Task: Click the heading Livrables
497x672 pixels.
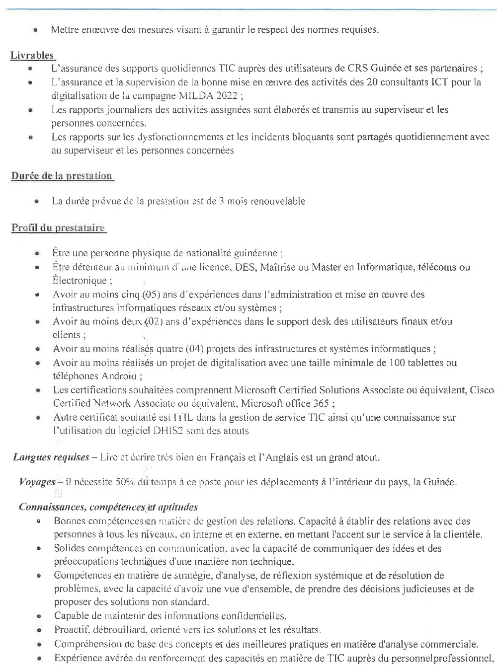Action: (x=32, y=55)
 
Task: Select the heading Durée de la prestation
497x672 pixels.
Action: (x=62, y=175)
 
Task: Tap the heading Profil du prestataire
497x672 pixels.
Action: (x=58, y=228)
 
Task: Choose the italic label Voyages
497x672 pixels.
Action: (x=37, y=482)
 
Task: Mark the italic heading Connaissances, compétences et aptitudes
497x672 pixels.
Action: (x=108, y=507)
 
